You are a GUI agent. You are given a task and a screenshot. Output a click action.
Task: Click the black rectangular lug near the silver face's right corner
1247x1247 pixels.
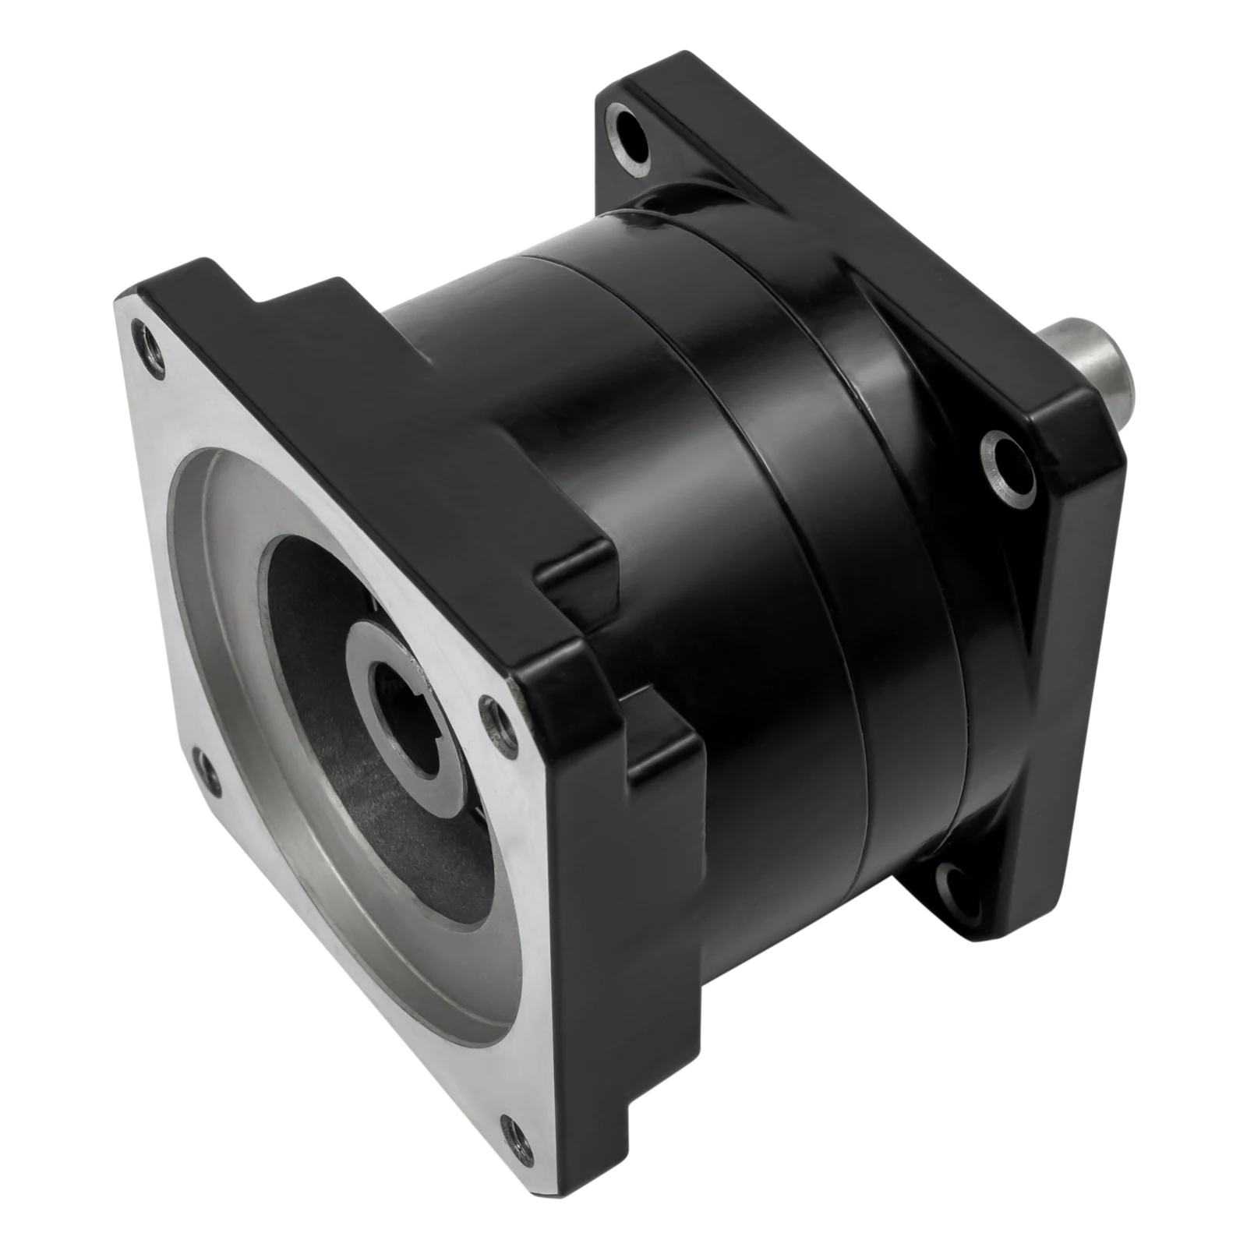click(662, 748)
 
